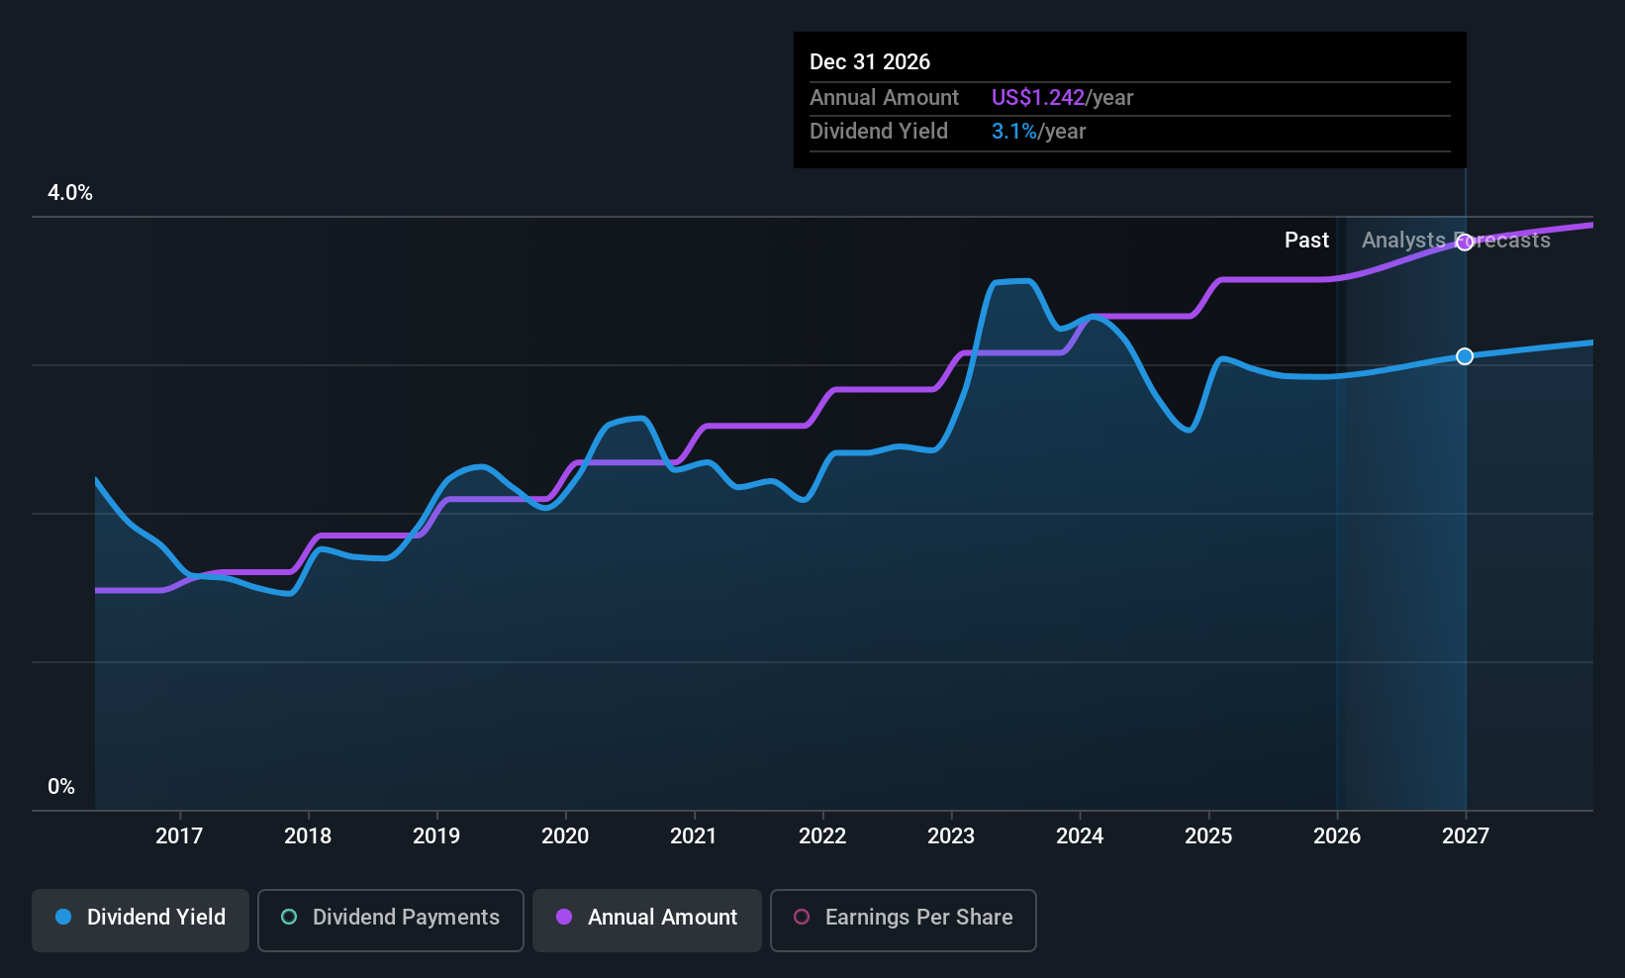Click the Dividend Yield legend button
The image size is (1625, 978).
[140, 920]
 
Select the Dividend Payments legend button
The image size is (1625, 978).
[390, 920]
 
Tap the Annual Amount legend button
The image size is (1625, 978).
[647, 920]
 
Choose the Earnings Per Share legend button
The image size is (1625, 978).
[904, 920]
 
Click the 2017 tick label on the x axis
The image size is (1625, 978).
[179, 835]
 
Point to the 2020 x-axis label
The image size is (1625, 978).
[565, 835]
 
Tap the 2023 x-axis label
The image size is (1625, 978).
[951, 835]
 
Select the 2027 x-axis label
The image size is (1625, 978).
[1466, 835]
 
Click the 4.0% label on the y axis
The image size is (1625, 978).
[69, 193]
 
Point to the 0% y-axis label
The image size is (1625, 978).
[61, 787]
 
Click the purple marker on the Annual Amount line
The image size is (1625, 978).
[1465, 243]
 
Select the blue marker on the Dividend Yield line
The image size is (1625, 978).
[1465, 356]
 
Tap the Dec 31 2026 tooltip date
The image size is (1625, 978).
[869, 62]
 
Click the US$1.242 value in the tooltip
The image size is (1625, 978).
[1037, 97]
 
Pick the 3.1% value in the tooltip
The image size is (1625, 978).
[1014, 132]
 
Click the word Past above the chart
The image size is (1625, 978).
[1306, 241]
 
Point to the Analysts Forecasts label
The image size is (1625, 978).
[1456, 241]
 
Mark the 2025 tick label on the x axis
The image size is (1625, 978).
[1208, 835]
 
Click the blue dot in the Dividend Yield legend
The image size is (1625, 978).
[64, 917]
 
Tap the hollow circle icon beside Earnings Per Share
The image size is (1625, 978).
[802, 917]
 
